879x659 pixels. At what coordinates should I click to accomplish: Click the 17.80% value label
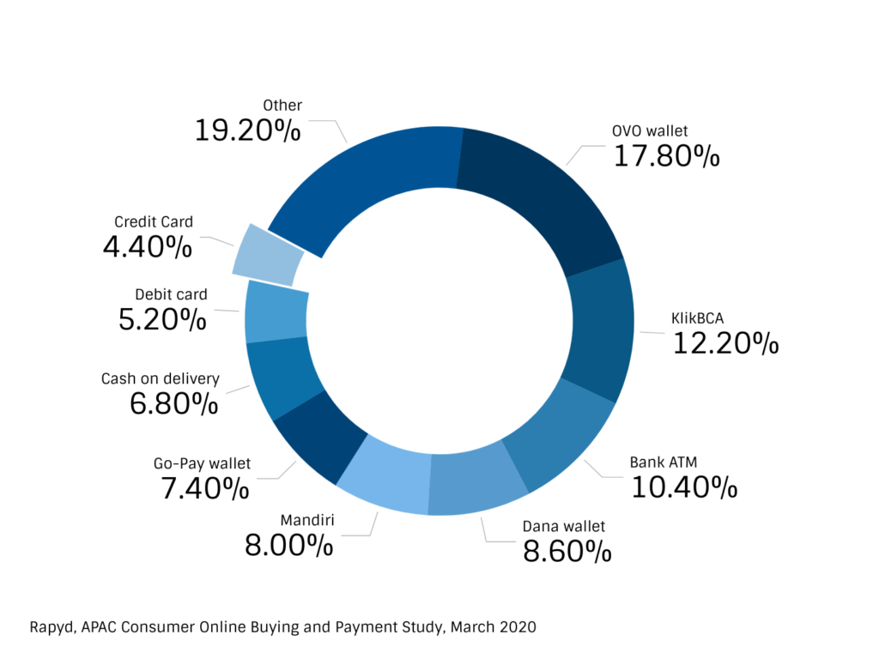pos(666,156)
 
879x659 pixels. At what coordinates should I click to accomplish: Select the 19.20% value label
pos(247,130)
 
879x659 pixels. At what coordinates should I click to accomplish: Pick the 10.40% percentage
pos(684,487)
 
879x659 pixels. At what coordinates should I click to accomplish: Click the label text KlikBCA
pos(696,319)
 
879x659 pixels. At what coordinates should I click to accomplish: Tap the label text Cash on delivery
pos(161,378)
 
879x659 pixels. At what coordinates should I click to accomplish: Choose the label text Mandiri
pos(306,520)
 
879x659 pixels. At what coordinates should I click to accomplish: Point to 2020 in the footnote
pos(517,627)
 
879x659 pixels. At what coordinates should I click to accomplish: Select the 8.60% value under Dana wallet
pos(567,551)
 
